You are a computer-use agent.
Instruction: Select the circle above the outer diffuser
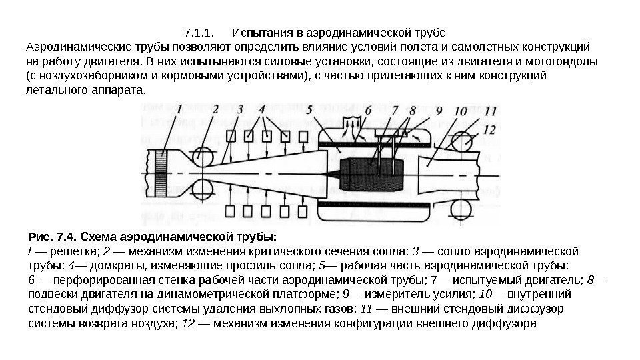(461, 141)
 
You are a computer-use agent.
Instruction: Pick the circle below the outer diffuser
(461, 205)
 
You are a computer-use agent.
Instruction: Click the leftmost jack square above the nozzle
(232, 137)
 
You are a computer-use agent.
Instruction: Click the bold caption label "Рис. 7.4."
(53, 237)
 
